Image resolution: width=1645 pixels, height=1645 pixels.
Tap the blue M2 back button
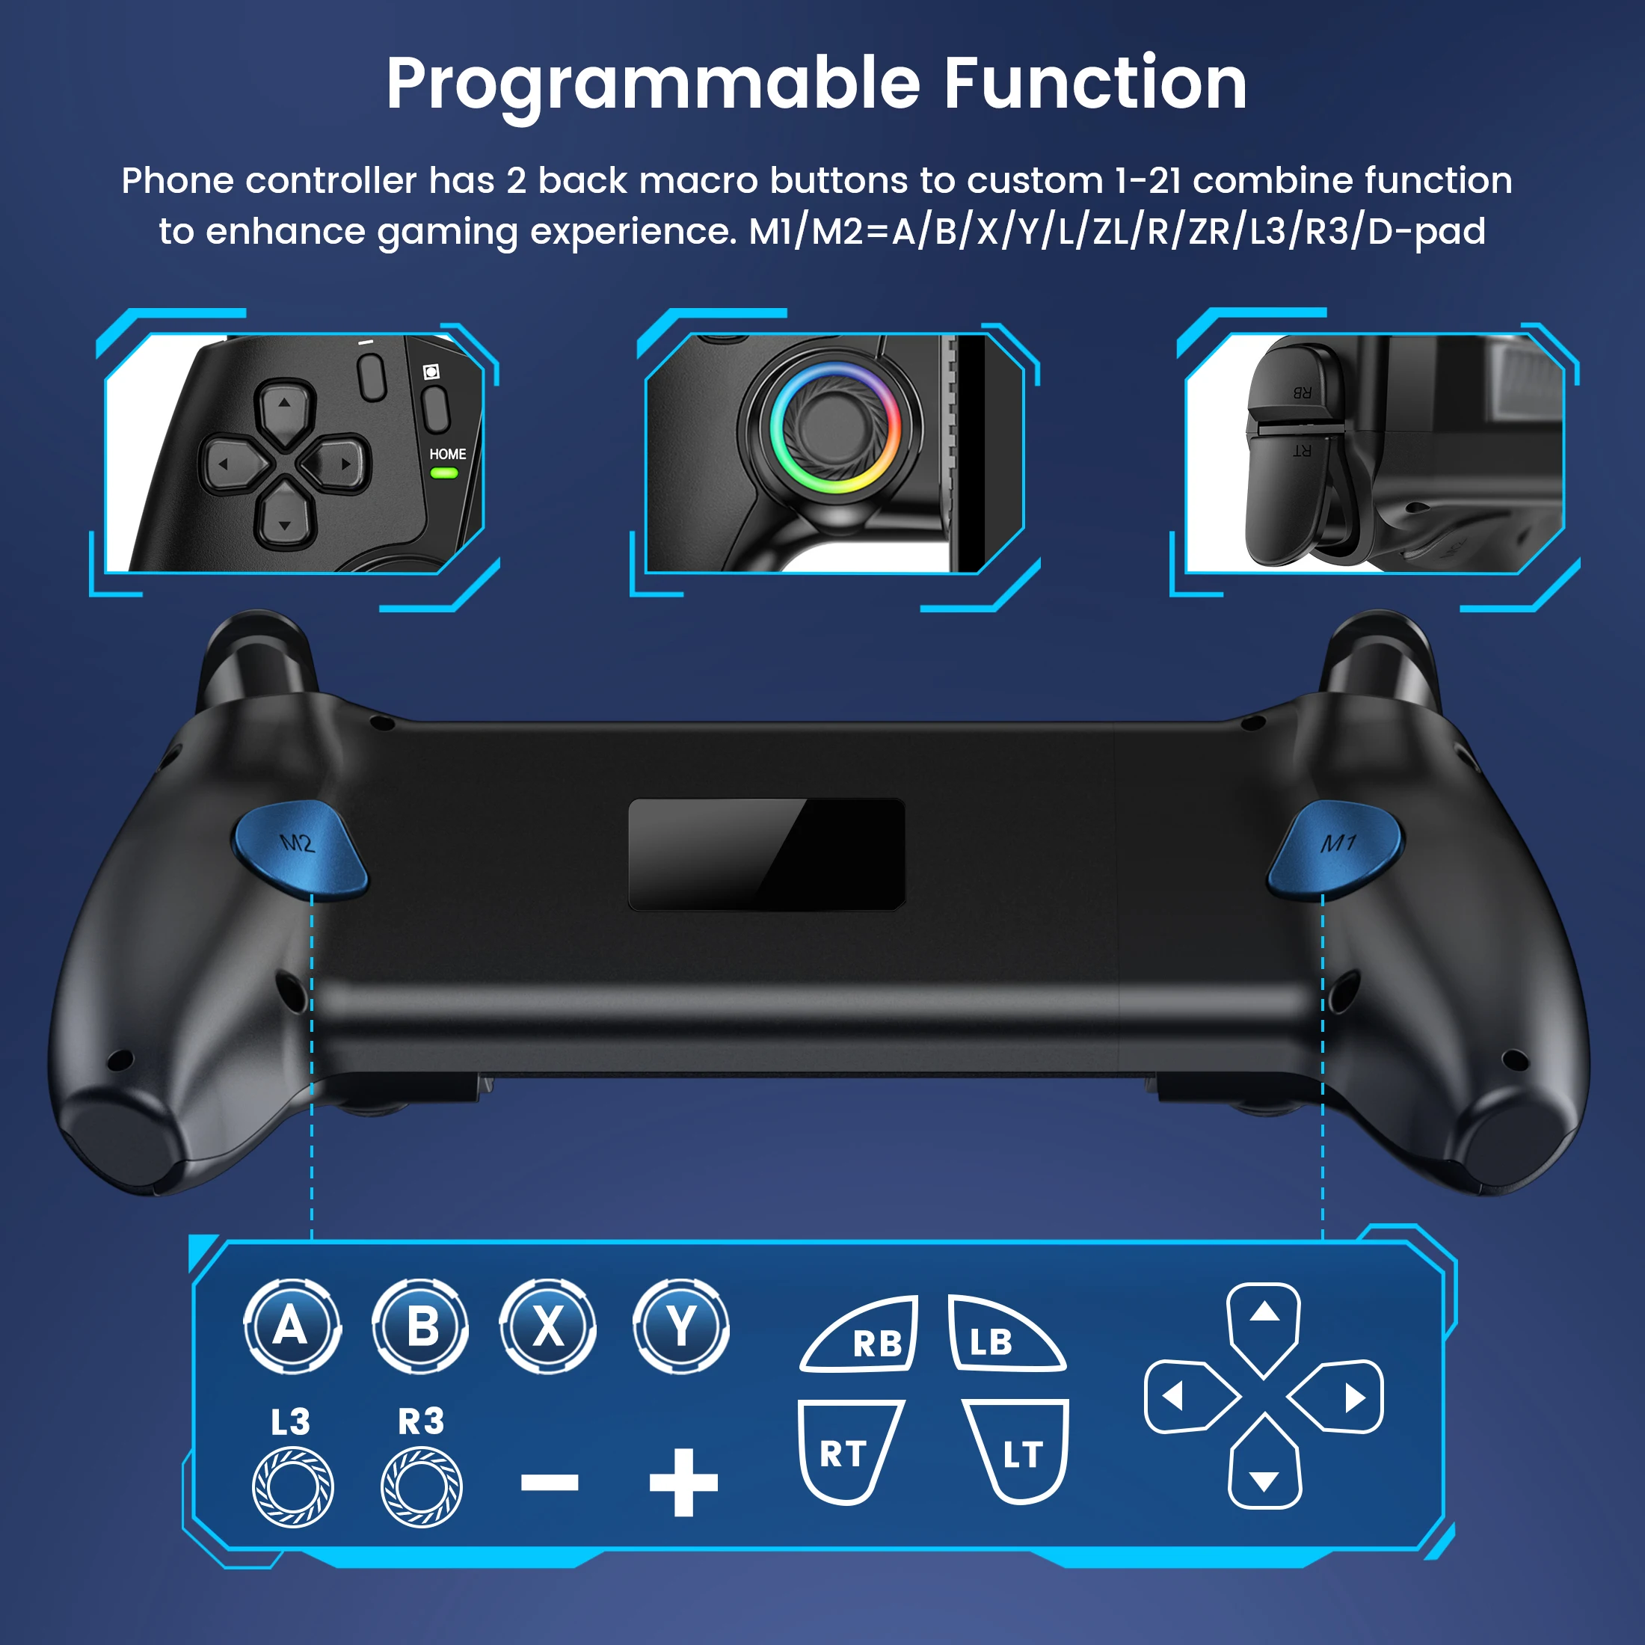pyautogui.click(x=300, y=849)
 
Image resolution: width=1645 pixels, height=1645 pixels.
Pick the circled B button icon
pyautogui.click(x=421, y=1326)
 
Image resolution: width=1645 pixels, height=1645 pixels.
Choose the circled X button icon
pyautogui.click(x=548, y=1326)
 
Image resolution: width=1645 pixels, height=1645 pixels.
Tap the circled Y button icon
pyautogui.click(x=681, y=1326)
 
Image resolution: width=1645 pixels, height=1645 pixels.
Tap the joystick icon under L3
pyautogui.click(x=293, y=1487)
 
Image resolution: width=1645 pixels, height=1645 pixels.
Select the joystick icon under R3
pyautogui.click(x=422, y=1487)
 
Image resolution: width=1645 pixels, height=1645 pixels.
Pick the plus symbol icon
pyautogui.click(x=683, y=1483)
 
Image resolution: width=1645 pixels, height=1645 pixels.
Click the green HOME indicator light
pyautogui.click(x=443, y=473)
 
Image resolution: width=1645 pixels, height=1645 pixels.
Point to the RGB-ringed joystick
pyautogui.click(x=835, y=428)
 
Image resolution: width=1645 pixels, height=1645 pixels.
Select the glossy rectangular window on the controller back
pyautogui.click(x=766, y=854)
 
